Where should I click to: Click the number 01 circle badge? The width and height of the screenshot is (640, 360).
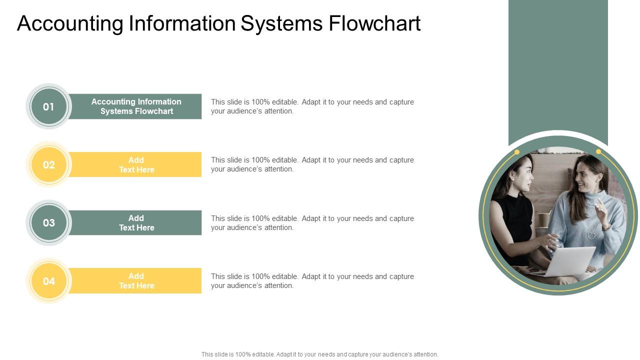point(48,106)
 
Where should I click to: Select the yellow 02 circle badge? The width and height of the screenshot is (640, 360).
point(48,165)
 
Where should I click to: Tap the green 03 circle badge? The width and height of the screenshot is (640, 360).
point(48,223)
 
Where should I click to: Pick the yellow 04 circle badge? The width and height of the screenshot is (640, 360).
point(48,281)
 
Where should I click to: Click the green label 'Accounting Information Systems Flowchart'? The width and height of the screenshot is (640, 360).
point(136,106)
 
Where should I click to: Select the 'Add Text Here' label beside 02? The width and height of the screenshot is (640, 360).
point(136,165)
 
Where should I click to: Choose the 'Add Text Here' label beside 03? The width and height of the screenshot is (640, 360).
point(136,223)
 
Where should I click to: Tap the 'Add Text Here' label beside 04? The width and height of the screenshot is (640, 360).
point(136,281)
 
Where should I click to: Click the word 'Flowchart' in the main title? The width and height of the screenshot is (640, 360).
point(374,23)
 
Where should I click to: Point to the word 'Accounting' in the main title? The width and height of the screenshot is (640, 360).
point(70,23)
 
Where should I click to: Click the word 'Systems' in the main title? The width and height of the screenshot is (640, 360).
point(282,23)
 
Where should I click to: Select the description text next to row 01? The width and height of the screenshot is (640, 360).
point(312,106)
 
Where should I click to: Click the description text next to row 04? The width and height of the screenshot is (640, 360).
point(312,281)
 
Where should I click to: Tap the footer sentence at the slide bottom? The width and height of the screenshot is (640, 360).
point(319,354)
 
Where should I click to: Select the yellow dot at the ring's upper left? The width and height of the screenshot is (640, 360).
point(517,152)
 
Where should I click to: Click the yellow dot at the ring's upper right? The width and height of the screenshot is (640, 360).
point(598,151)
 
